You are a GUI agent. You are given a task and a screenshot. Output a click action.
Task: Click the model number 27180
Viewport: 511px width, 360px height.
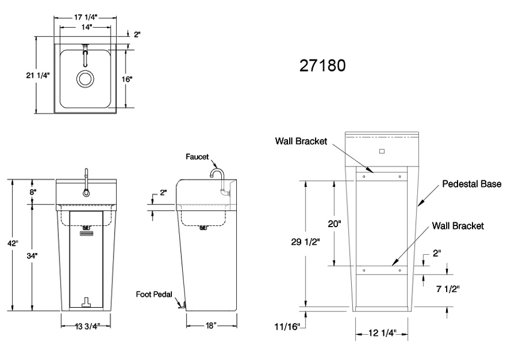coord(322,64)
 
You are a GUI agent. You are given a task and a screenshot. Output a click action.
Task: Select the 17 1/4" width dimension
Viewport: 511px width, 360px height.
coord(85,18)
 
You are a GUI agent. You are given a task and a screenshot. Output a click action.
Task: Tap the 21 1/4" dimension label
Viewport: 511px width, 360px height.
coord(38,75)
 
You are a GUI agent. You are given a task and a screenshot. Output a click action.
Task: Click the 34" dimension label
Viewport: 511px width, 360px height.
coord(32,256)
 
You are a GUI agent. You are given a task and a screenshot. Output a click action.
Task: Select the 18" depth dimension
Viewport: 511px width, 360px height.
coord(210,326)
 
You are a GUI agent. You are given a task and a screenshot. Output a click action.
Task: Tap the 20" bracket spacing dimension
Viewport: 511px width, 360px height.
coord(319,223)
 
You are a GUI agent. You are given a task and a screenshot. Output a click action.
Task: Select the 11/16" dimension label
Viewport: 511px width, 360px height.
coord(287,326)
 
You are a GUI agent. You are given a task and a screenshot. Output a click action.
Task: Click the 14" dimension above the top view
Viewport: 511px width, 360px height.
coord(85,28)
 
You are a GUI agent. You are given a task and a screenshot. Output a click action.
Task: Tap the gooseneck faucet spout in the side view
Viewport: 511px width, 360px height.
coord(217,174)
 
